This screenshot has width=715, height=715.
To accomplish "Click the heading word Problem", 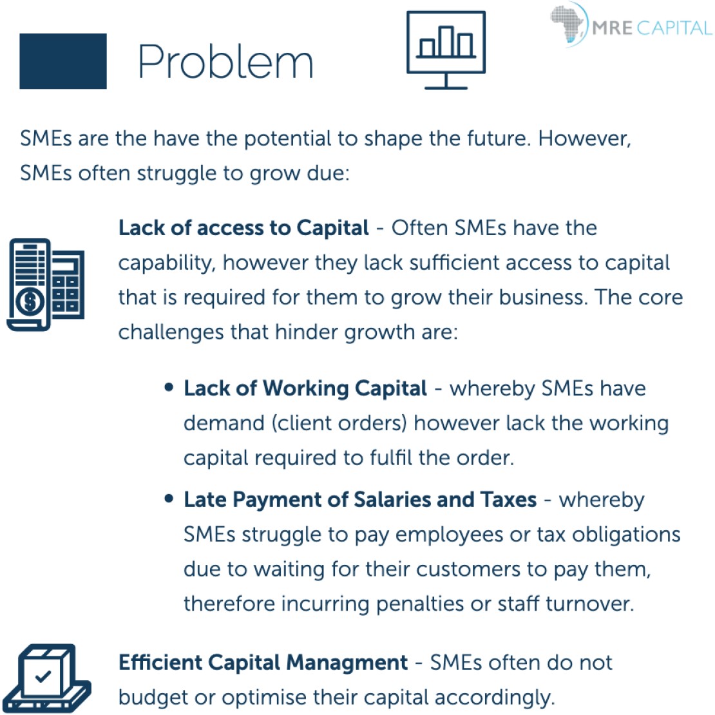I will pos(225,62).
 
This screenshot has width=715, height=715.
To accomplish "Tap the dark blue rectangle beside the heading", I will pos(63,61).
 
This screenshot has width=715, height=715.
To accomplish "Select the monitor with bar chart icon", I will pos(446,50).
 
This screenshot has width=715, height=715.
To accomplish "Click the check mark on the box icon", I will pos(43,676).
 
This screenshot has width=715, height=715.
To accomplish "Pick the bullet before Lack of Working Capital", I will pos(169,388).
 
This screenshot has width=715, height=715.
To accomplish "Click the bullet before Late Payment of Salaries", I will pos(169,499).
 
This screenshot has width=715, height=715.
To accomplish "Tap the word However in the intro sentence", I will pos(584,138).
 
